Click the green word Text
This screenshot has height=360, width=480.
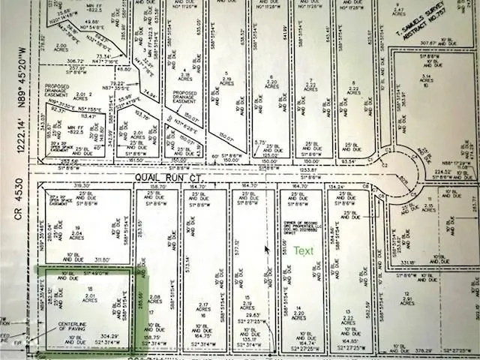[x=304, y=251]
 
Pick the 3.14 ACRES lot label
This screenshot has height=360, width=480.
[x=427, y=79]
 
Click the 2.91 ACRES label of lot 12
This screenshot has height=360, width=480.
[x=408, y=301]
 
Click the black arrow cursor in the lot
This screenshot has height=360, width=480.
[x=266, y=249]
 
